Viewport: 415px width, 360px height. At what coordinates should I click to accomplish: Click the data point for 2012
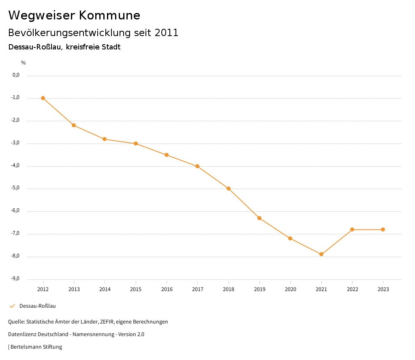click(43, 98)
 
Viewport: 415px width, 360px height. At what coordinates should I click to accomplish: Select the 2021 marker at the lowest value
click(321, 254)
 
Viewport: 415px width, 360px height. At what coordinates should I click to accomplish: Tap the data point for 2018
click(229, 189)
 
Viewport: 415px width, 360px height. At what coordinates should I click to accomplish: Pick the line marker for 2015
click(136, 144)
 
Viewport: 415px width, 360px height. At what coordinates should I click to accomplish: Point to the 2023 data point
click(383, 229)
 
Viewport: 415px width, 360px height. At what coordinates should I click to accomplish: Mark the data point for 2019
click(259, 218)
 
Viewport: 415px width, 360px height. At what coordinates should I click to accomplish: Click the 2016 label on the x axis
click(167, 289)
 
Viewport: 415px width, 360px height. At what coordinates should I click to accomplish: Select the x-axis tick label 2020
click(290, 289)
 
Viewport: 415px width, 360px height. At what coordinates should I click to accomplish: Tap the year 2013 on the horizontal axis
click(74, 289)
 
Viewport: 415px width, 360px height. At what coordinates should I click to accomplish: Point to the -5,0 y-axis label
click(16, 188)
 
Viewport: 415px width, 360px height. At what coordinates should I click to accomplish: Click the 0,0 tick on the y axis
click(16, 75)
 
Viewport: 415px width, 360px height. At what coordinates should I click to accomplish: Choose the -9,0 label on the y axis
click(16, 279)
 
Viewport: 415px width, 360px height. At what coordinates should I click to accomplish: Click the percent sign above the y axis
click(24, 63)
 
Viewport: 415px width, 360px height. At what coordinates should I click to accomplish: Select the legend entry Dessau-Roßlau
click(37, 306)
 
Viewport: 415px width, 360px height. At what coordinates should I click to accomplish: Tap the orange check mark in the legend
click(12, 306)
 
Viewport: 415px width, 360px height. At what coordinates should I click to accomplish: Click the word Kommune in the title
click(109, 15)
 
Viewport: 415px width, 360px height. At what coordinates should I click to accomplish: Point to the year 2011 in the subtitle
click(167, 33)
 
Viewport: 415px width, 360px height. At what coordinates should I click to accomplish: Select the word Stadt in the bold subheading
click(111, 47)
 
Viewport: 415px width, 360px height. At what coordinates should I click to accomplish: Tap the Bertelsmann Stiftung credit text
click(36, 347)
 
